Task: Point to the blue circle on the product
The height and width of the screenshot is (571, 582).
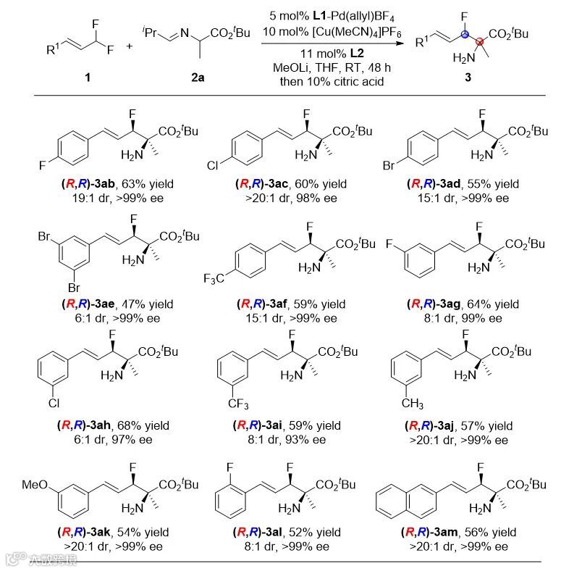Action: click(x=466, y=35)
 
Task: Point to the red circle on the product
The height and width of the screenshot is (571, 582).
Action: click(x=481, y=42)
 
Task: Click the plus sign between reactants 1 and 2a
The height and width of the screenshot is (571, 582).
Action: click(x=130, y=46)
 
